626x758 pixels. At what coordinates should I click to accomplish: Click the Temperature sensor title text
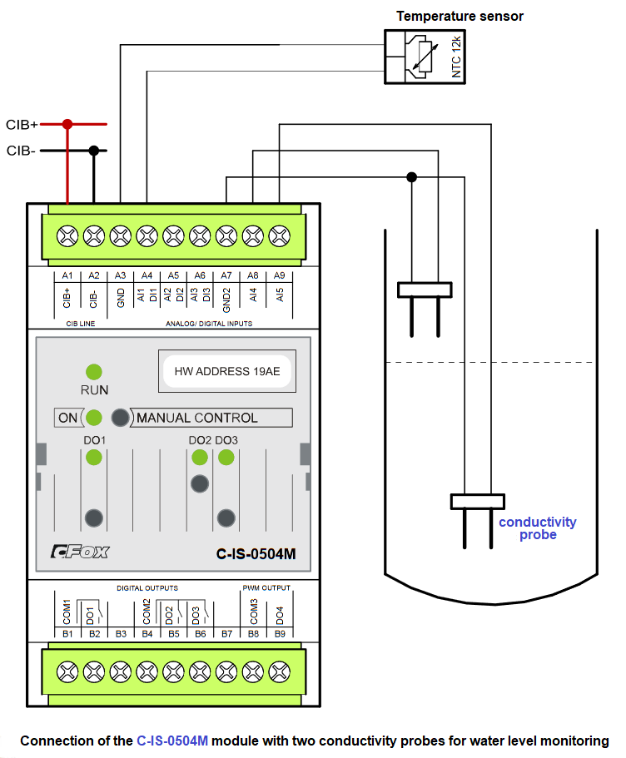[460, 16]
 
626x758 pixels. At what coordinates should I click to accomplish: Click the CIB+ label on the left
[22, 125]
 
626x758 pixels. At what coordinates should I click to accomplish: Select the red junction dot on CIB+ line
[67, 124]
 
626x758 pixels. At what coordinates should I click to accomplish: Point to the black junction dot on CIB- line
[94, 151]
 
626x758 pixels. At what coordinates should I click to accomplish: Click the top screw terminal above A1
[67, 235]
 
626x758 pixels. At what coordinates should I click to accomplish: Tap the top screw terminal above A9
[281, 235]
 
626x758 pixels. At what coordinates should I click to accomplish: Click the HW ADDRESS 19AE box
[226, 371]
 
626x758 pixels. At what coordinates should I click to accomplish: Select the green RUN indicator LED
[94, 371]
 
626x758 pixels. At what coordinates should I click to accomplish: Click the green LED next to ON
[94, 418]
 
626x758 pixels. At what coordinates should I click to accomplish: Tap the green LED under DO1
[94, 457]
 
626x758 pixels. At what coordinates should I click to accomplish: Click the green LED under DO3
[226, 457]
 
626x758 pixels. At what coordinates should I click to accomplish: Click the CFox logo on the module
[79, 551]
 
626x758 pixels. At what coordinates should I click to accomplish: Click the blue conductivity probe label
[537, 528]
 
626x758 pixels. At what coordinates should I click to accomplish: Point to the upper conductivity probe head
[425, 290]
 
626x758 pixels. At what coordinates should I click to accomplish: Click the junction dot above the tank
[411, 176]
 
